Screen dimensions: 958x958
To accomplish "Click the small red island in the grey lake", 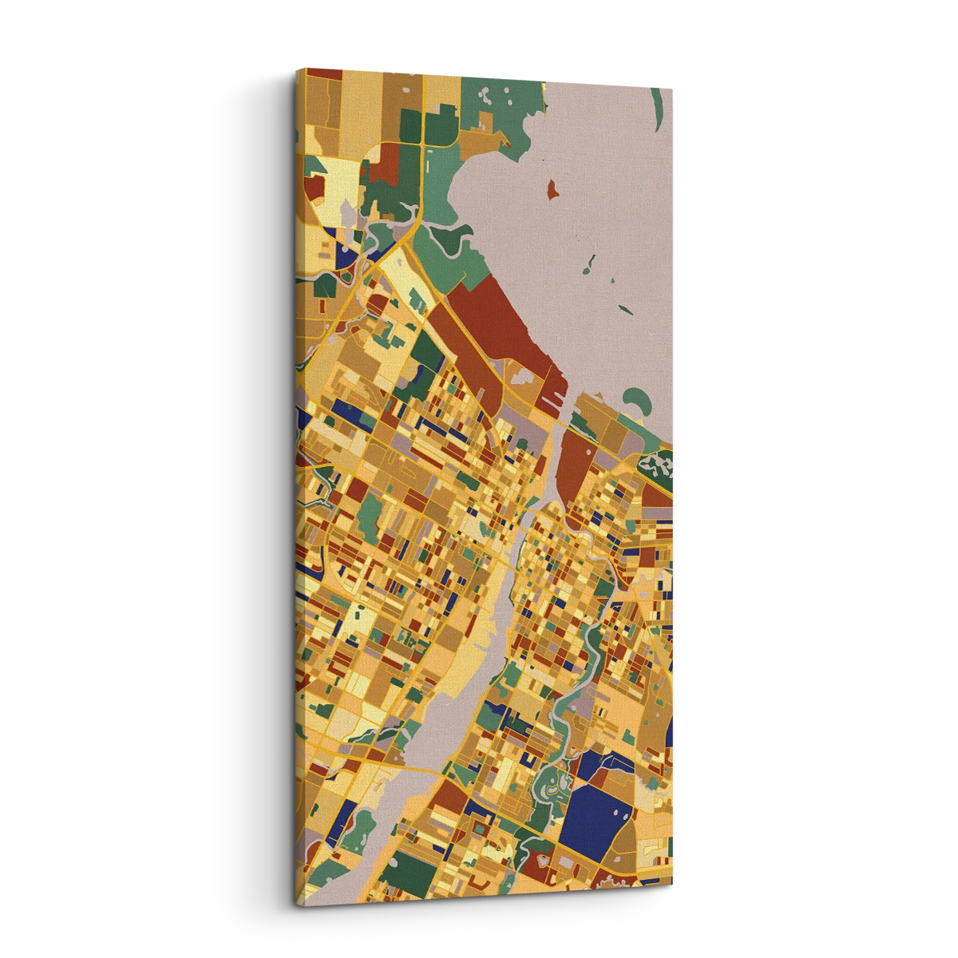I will pos(551,189).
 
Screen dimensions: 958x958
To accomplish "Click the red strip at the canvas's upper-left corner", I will pos(324,73).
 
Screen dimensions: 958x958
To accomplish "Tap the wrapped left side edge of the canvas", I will pos(301,479).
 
